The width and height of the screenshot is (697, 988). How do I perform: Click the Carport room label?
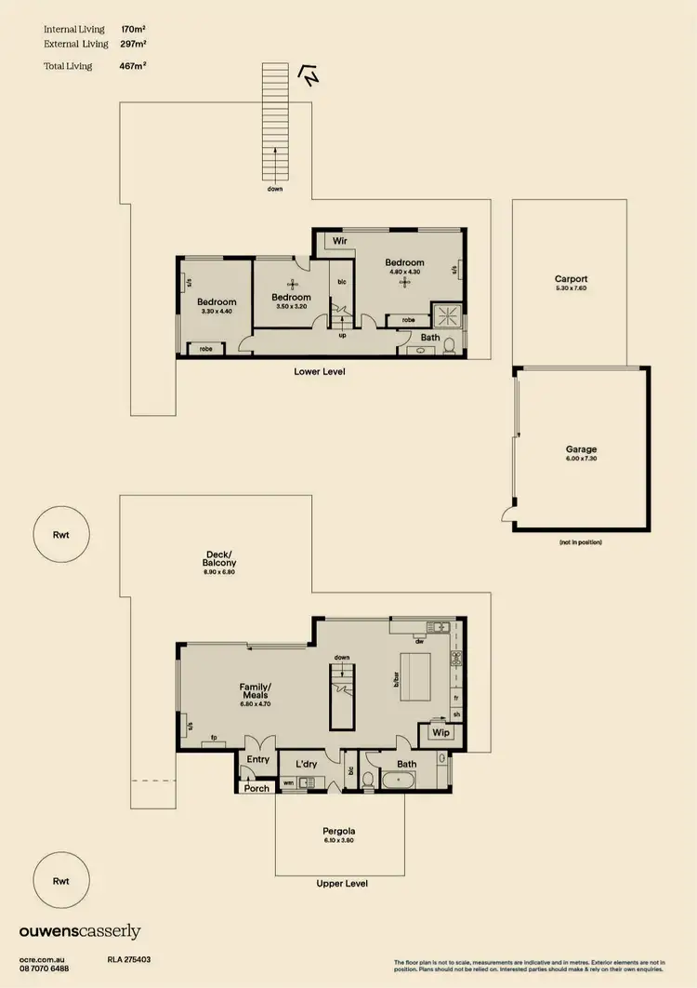[571, 279]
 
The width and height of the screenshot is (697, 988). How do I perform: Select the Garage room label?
[581, 448]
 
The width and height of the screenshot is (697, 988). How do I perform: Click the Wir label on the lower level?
[340, 242]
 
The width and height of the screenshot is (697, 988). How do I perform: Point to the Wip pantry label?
[441, 733]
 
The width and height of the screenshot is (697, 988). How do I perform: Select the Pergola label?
[339, 831]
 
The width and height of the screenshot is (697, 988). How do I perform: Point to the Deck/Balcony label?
[219, 558]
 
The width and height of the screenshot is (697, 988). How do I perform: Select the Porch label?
[256, 788]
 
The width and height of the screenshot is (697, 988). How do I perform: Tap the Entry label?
[257, 760]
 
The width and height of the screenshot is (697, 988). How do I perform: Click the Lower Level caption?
[320, 371]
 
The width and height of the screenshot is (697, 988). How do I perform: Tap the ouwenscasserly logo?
[79, 931]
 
